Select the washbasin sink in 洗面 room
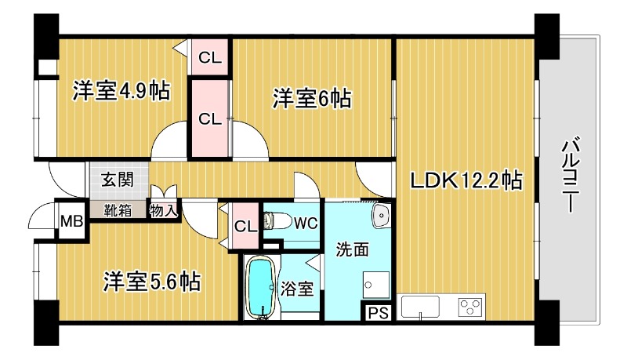click(381, 216)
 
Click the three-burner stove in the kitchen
click(471, 307)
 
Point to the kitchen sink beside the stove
click(420, 307)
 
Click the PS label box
click(378, 313)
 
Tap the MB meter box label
click(71, 221)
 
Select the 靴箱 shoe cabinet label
click(118, 210)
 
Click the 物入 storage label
click(163, 210)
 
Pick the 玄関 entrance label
click(117, 180)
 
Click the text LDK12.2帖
click(466, 181)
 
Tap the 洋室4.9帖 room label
click(121, 91)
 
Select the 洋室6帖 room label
click(312, 98)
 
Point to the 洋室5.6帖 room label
click(152, 282)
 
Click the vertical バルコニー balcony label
click(571, 175)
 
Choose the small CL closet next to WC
click(245, 227)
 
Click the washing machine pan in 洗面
click(376, 285)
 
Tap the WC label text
click(306, 224)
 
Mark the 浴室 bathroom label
click(296, 289)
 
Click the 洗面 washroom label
click(352, 249)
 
